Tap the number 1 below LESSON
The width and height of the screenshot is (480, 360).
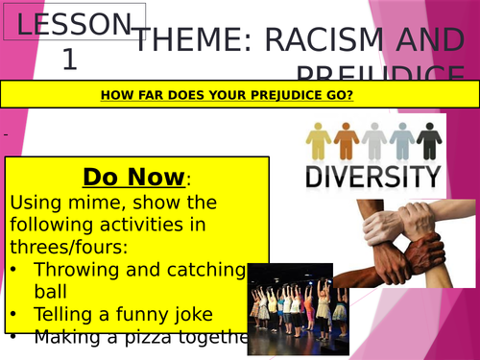69,60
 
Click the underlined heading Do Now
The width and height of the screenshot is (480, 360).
132,178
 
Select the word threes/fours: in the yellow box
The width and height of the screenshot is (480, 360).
58,247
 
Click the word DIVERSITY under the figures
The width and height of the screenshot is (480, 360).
373,176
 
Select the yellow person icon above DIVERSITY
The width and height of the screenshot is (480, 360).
319,140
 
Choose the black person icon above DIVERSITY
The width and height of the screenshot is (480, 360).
428,140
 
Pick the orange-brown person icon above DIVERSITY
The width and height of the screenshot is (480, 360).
346,140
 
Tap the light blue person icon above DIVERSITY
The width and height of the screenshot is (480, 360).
400,140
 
